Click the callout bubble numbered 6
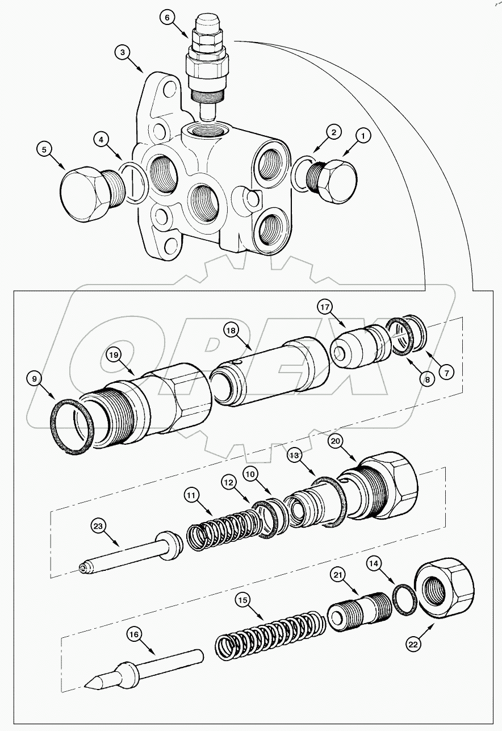pos(167,18)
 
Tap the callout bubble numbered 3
pos(123,52)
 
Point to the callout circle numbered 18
pos(231,330)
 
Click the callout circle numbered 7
pos(446,373)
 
